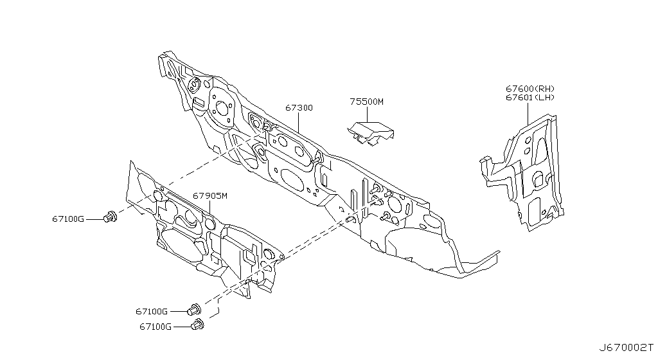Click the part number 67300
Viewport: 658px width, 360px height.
pos(299,108)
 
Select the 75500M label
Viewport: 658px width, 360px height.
pos(366,102)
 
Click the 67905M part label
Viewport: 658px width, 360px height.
pos(210,195)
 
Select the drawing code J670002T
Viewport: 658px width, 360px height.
pos(626,348)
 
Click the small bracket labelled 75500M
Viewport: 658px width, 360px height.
pos(370,134)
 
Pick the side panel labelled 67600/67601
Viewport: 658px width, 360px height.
pos(523,172)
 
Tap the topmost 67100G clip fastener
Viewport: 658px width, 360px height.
pos(111,217)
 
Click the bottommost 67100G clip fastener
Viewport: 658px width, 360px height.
pos(197,325)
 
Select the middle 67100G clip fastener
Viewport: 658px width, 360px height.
pos(194,310)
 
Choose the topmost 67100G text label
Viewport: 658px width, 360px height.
pos(68,219)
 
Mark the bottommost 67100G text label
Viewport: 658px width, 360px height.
pos(156,327)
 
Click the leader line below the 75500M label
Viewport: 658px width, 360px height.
pos(367,114)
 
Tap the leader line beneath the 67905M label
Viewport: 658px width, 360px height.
pos(209,209)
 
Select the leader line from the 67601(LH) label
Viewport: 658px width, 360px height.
pos(528,113)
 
